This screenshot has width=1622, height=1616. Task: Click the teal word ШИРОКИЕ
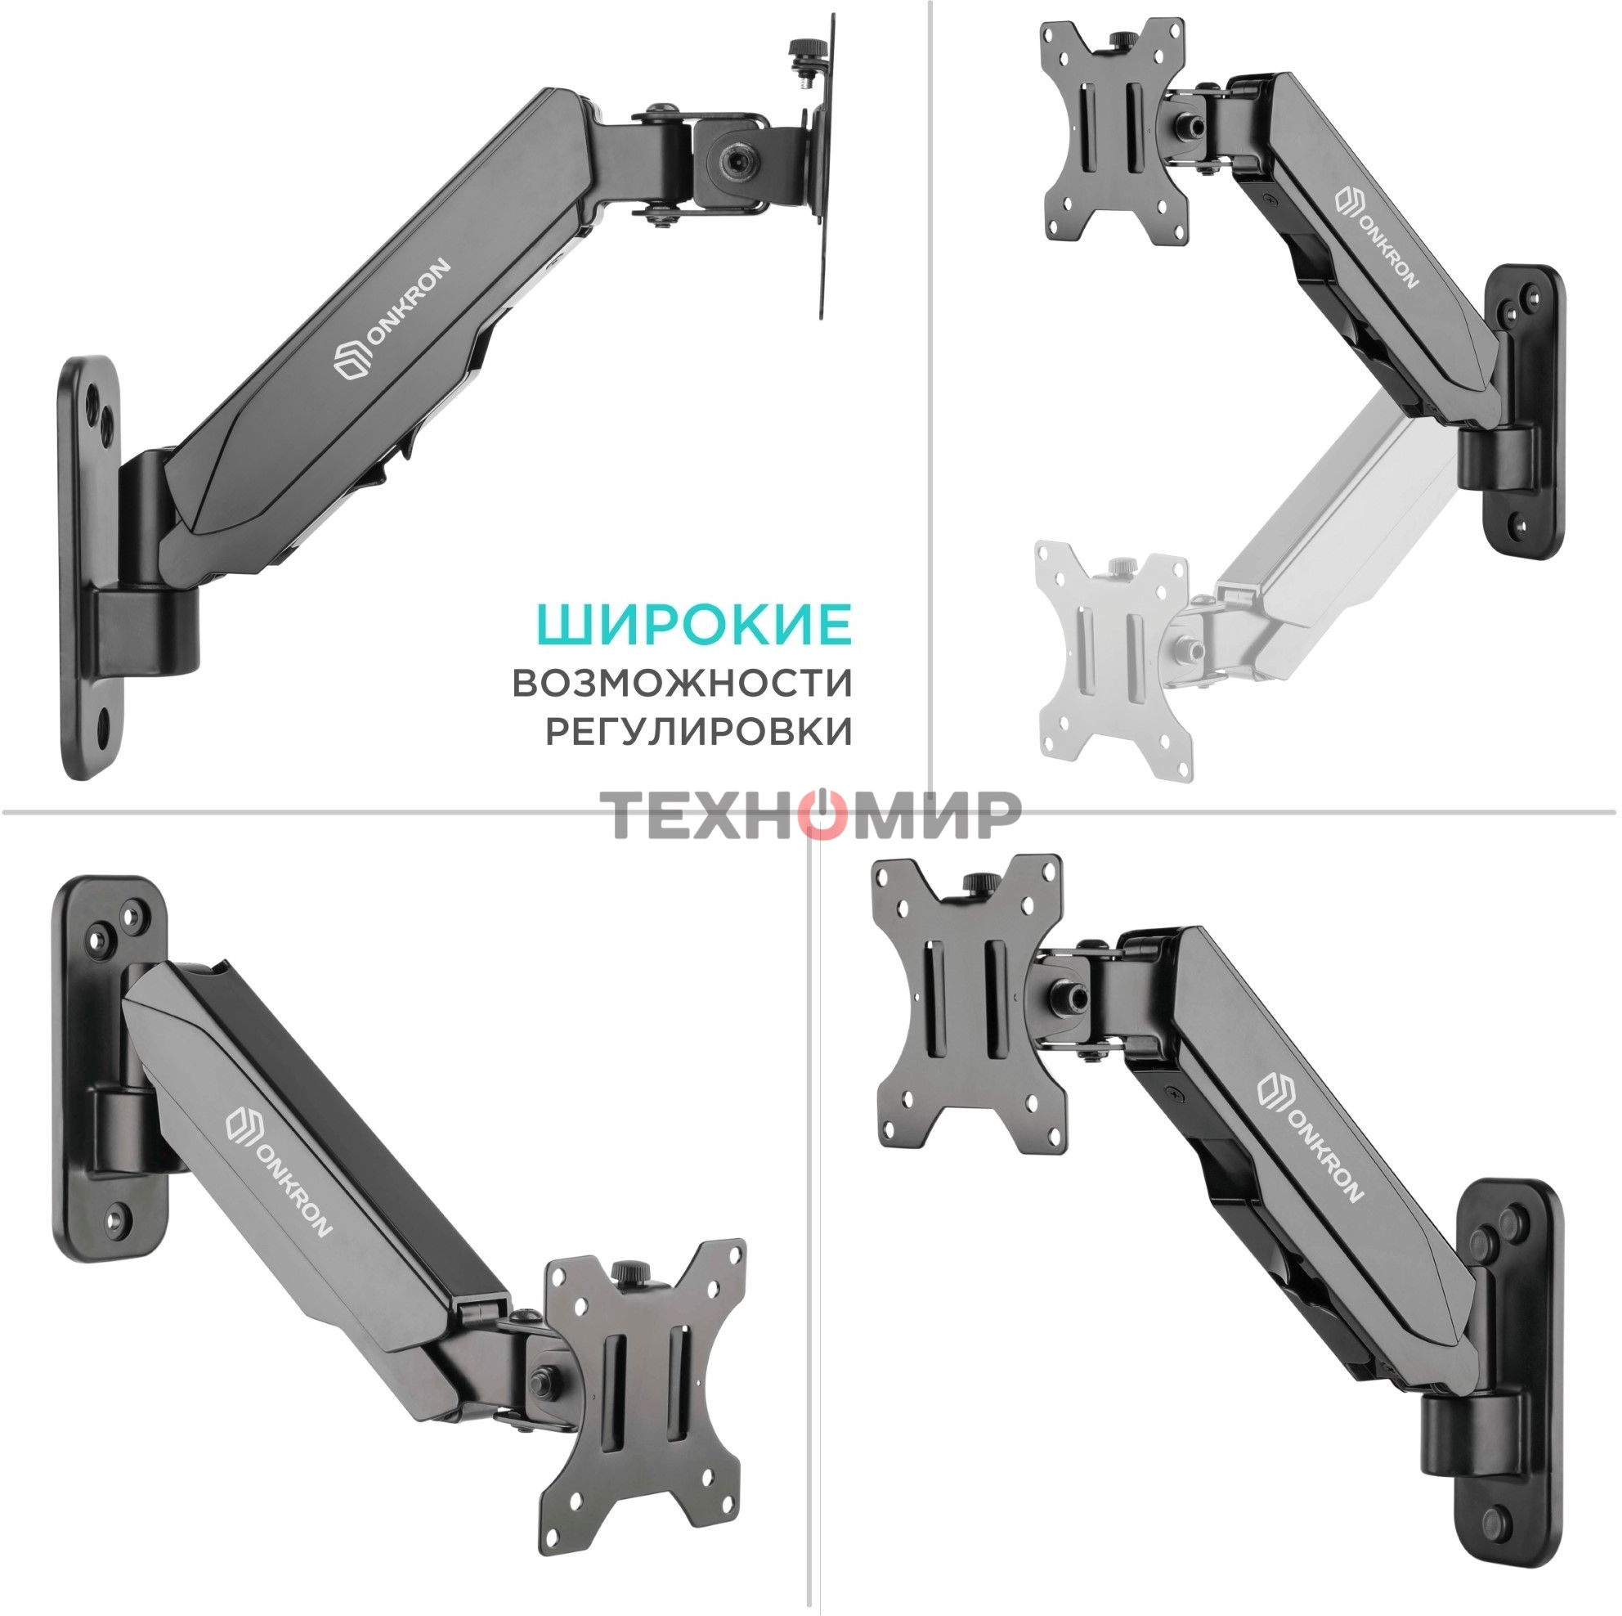[x=694, y=623]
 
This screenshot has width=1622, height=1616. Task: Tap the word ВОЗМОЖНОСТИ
[x=682, y=683]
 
